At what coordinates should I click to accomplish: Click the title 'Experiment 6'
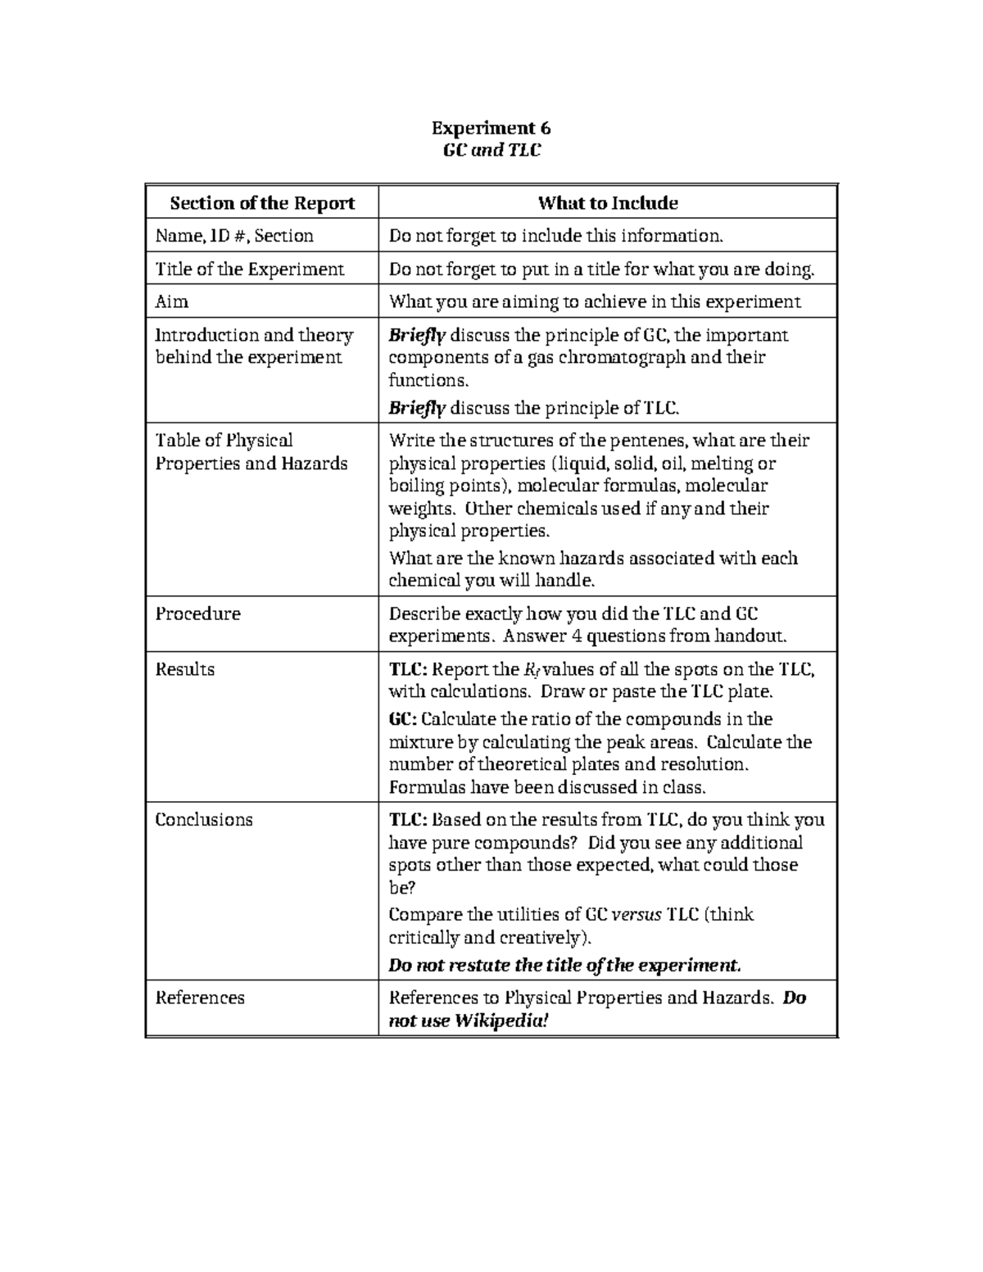point(491,128)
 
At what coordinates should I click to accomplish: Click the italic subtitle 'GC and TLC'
point(491,150)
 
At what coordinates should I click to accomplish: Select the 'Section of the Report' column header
point(262,203)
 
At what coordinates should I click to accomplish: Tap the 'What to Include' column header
point(607,203)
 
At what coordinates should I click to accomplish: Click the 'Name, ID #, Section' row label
point(234,236)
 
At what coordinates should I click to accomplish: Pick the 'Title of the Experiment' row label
point(250,269)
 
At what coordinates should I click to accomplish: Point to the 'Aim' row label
point(172,302)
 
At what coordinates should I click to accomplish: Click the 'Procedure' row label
point(197,614)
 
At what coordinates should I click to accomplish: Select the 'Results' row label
point(185,669)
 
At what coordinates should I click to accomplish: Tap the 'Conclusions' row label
point(204,820)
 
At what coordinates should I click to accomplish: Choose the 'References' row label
point(200,998)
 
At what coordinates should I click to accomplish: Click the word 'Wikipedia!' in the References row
point(501,1021)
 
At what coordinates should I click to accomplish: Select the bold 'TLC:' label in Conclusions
point(406,820)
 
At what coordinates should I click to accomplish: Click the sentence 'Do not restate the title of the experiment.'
point(564,966)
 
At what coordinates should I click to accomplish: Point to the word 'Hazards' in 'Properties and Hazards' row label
point(315,464)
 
